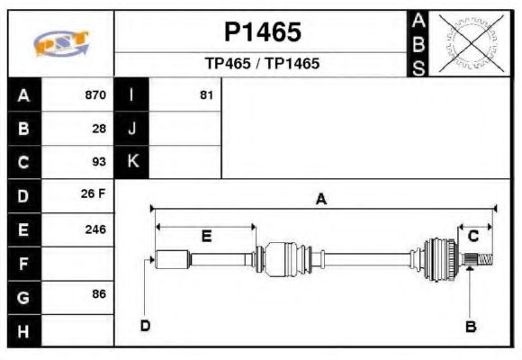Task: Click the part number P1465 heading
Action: pyautogui.click(x=262, y=32)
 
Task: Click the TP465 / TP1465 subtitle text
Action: pyautogui.click(x=262, y=64)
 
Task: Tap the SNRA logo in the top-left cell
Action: pyautogui.click(x=60, y=44)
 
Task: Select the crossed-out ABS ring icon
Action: pyautogui.click(x=468, y=43)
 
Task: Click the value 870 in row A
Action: pyautogui.click(x=94, y=94)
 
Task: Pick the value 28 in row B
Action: pyautogui.click(x=99, y=128)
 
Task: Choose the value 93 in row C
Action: pyautogui.click(x=99, y=162)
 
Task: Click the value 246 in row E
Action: pyautogui.click(x=94, y=229)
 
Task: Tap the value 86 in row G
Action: pyautogui.click(x=99, y=294)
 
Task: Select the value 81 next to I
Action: pyautogui.click(x=206, y=94)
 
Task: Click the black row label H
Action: pyautogui.click(x=24, y=330)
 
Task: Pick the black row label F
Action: pyautogui.click(x=24, y=263)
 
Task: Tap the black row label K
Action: pyautogui.click(x=132, y=162)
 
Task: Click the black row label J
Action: pyautogui.click(x=132, y=128)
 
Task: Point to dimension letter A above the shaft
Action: pyautogui.click(x=320, y=200)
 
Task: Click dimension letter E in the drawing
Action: pyautogui.click(x=206, y=237)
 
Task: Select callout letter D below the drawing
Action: pyautogui.click(x=145, y=326)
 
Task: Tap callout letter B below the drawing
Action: pyautogui.click(x=470, y=326)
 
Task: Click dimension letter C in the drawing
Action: pyautogui.click(x=472, y=236)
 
